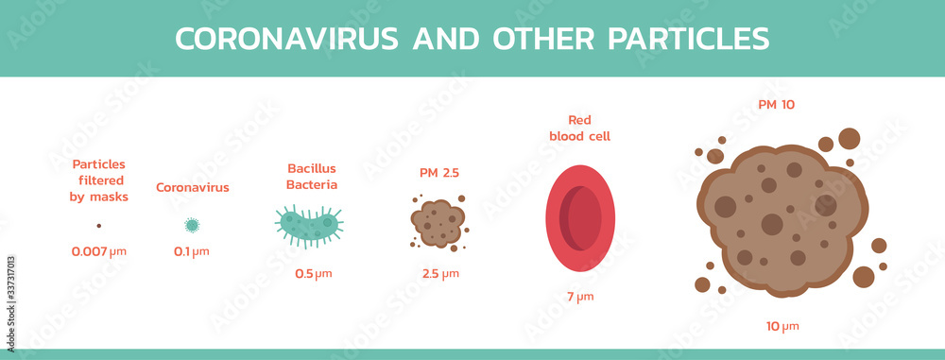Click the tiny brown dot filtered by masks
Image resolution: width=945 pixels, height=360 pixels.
[x=98, y=226]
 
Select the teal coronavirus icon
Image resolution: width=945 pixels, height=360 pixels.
[x=192, y=225]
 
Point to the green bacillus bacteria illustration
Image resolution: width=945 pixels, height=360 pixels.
[x=308, y=225]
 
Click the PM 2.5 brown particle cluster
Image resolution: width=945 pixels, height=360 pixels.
[x=438, y=223]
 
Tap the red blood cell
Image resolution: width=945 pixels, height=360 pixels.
[x=579, y=219]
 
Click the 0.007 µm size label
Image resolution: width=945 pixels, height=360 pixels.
[x=99, y=252]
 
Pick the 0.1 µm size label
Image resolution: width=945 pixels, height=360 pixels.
[x=192, y=252]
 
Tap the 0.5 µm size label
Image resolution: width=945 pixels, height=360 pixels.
[x=313, y=274]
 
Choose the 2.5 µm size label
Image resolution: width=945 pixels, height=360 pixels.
[x=439, y=274]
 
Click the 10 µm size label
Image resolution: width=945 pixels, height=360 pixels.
[x=782, y=326]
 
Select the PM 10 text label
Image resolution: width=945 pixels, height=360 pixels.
[x=776, y=104]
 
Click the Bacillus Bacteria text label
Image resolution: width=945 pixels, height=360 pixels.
[x=312, y=177]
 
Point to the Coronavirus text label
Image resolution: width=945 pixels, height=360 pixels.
[x=192, y=187]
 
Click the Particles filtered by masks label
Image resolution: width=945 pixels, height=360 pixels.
[x=99, y=180]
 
